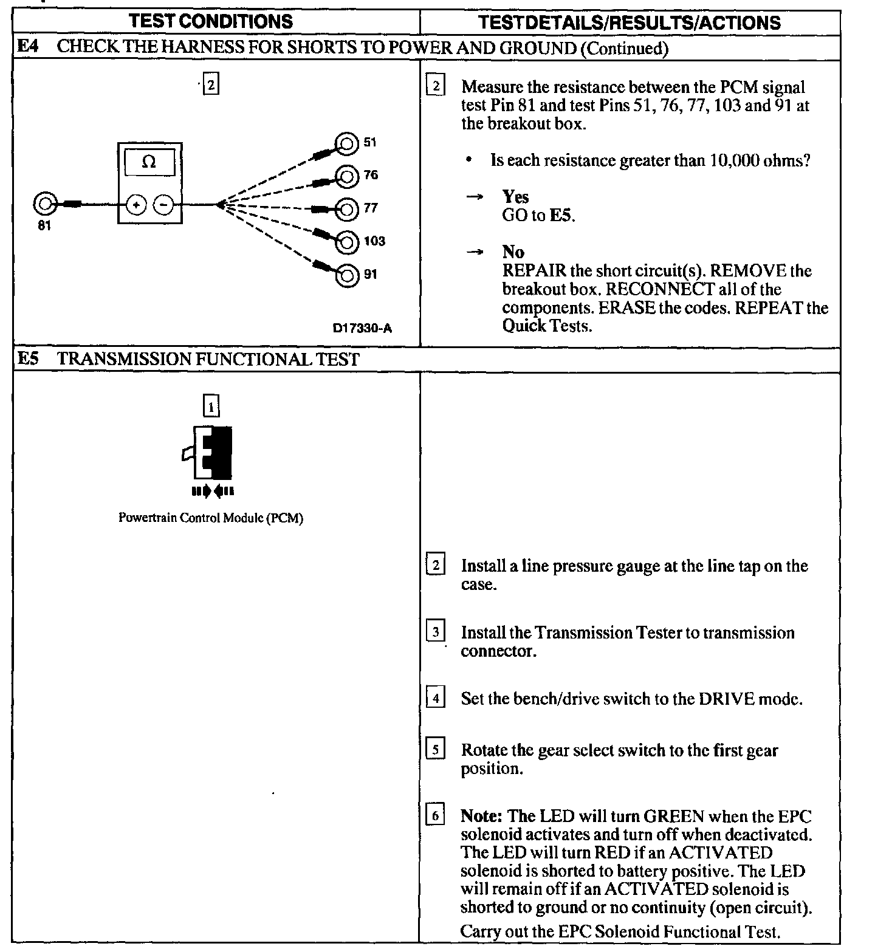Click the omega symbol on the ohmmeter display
pyautogui.click(x=149, y=162)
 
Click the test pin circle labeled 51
pyautogui.click(x=347, y=143)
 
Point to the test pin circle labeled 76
pyautogui.click(x=347, y=176)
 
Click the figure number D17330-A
pyautogui.click(x=362, y=329)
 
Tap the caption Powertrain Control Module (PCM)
pyautogui.click(x=210, y=518)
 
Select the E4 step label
pyautogui.click(x=28, y=47)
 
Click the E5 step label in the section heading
pyautogui.click(x=28, y=359)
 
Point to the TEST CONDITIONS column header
pyautogui.click(x=211, y=22)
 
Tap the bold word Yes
pyautogui.click(x=515, y=197)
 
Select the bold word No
pyautogui.click(x=513, y=252)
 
